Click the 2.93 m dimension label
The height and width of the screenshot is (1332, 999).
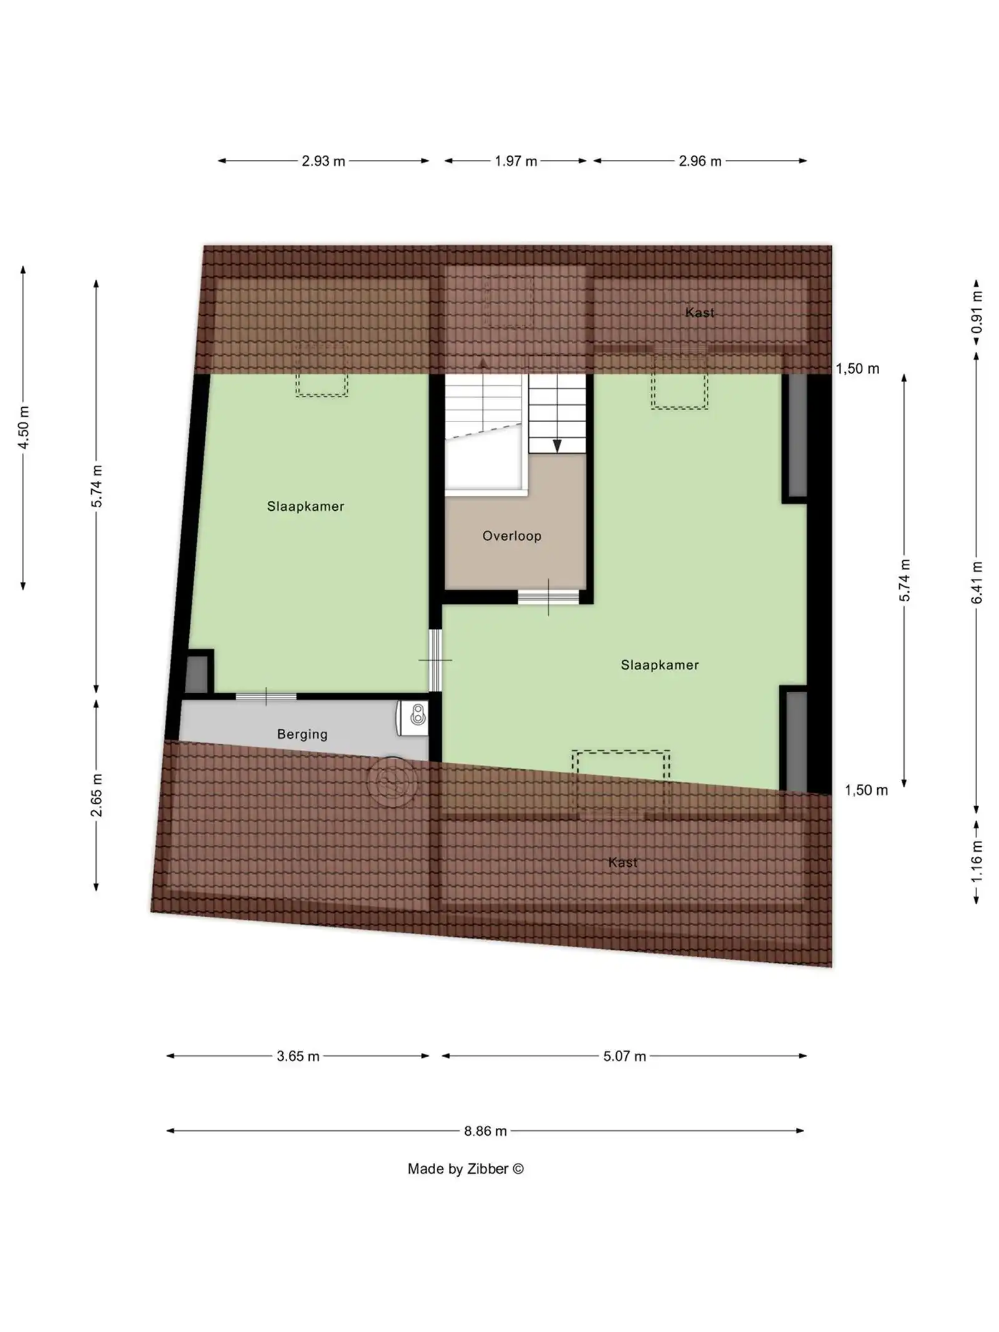323,161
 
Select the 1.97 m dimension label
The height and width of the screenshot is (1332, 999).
516,161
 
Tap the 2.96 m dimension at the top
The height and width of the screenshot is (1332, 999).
700,161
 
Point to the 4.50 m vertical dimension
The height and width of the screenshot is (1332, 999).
24,427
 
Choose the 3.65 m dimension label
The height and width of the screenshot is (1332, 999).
298,1057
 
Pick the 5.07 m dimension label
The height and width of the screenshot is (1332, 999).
624,1057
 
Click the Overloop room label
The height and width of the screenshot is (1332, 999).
511,536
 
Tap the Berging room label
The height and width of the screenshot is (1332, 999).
302,734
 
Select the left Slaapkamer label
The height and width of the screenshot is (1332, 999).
305,506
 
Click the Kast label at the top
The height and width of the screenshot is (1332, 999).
699,313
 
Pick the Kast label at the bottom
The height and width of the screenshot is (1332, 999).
623,862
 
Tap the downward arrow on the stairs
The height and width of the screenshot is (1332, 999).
557,445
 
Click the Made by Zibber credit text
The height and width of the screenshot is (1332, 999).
465,1169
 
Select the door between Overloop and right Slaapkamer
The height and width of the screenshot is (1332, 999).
548,597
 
